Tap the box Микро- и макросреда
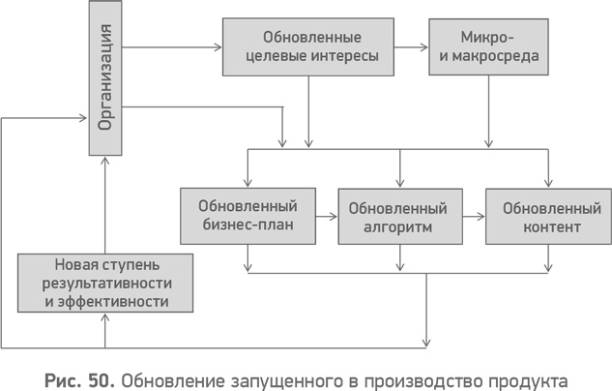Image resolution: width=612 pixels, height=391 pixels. click(x=488, y=47)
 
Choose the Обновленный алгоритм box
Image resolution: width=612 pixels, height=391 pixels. click(x=397, y=217)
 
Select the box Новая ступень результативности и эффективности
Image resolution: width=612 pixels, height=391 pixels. click(x=106, y=283)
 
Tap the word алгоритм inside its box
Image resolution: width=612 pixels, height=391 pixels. click(x=397, y=227)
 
